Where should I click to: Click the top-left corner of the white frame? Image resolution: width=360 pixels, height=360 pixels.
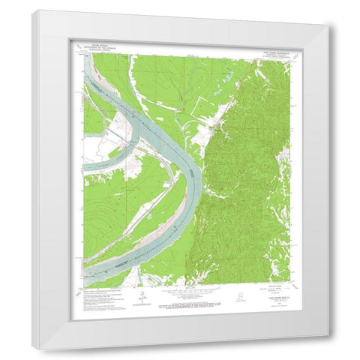(33, 10)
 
